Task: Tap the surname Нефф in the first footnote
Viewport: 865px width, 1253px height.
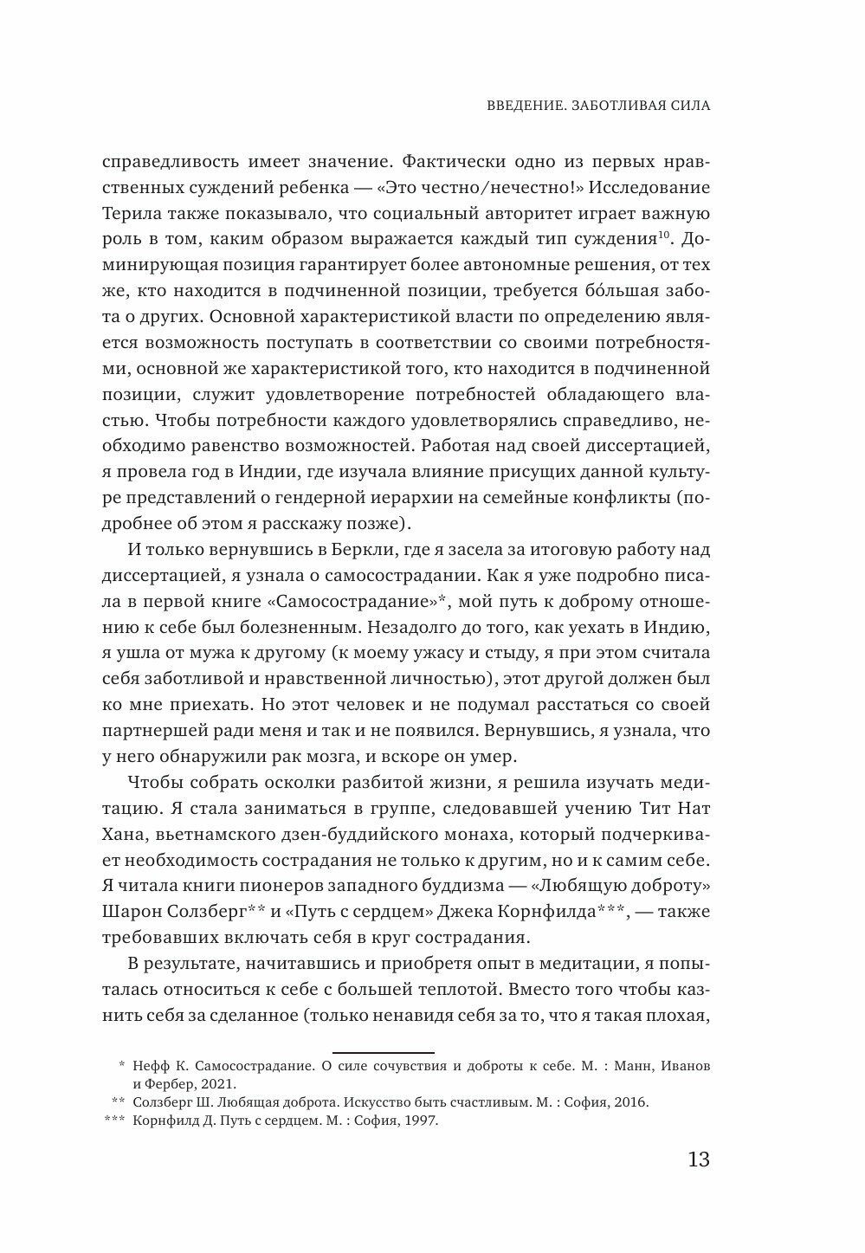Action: click(x=151, y=1066)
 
